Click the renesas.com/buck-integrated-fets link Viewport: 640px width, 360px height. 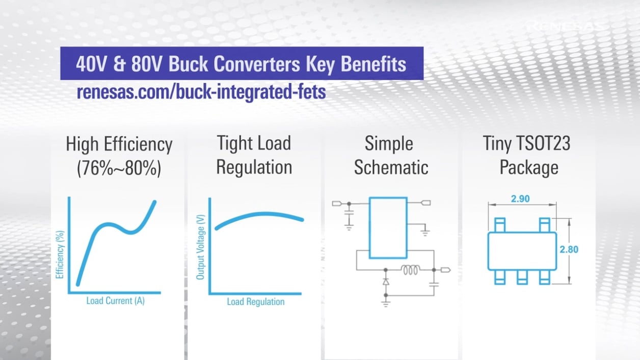(201, 93)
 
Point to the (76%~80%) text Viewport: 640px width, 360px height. (119, 168)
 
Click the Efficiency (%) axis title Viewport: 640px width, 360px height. (60, 254)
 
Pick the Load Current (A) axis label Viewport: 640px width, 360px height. (115, 300)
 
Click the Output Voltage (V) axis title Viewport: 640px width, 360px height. (200, 246)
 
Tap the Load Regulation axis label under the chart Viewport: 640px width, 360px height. (255, 301)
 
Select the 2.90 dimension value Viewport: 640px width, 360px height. (520, 199)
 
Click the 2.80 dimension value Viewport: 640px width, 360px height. (569, 250)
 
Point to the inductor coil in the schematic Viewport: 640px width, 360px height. (411, 270)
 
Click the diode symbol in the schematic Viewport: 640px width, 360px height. (386, 281)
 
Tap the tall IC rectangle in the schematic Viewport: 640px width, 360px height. (388, 228)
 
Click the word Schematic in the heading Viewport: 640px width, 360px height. (391, 168)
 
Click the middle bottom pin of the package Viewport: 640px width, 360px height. (521, 277)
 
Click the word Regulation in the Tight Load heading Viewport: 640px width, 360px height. (254, 168)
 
